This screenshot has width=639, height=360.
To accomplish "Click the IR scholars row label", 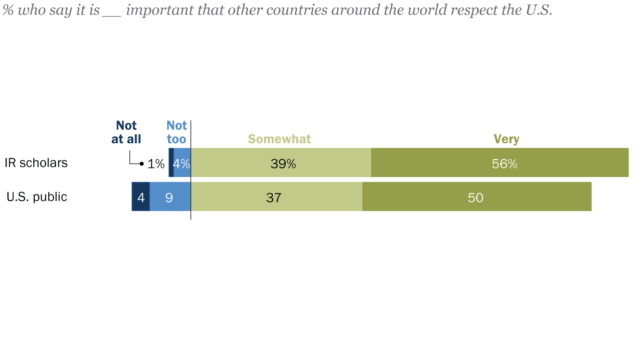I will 36,163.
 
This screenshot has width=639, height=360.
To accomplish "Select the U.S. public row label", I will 37,197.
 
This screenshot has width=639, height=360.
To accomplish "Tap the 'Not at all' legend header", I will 126,132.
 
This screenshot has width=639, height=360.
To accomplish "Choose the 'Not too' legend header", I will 177,132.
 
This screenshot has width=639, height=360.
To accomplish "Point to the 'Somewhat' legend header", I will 279,139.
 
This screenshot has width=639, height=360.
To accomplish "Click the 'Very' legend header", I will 506,139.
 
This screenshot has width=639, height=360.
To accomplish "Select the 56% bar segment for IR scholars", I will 500,162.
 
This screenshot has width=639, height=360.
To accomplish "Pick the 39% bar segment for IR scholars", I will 281,162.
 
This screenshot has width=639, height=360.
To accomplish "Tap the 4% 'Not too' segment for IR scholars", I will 182,162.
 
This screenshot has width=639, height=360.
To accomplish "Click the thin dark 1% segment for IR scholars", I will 171,162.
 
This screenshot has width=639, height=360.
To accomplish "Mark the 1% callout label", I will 156,164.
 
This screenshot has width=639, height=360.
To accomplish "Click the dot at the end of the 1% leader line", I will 142,163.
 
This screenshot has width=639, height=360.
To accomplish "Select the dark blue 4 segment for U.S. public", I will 141,197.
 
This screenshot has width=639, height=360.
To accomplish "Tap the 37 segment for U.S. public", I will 276,197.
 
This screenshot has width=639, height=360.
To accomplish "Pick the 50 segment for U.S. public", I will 477,197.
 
